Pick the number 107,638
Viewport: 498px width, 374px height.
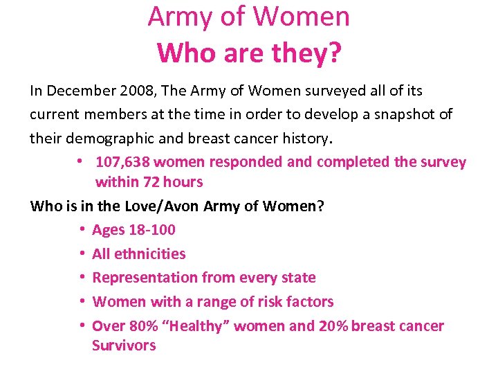pos(122,162)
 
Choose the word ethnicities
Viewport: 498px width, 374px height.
pos(149,253)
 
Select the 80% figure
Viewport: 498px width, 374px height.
pos(140,326)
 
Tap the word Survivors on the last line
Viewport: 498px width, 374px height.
pos(124,346)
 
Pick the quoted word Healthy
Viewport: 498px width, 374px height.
pos(193,326)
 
